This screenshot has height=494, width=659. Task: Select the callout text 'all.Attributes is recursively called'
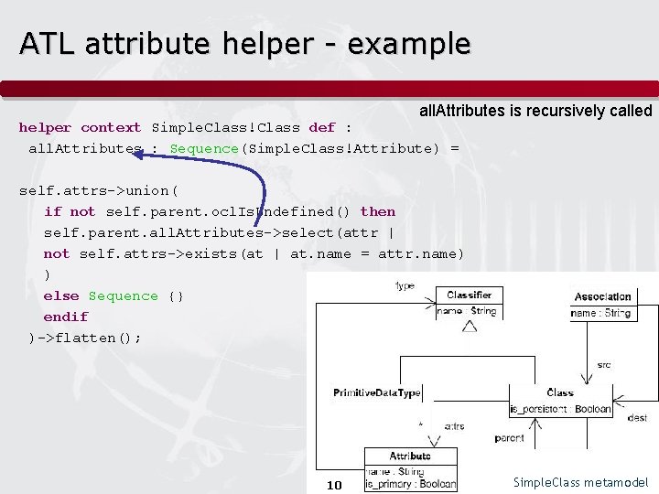coord(535,111)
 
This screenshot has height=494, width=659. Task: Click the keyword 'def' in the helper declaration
coord(322,127)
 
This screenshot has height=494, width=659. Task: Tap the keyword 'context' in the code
coord(111,127)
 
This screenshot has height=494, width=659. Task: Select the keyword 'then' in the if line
coord(378,211)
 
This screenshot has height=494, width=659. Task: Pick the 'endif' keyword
coord(66,317)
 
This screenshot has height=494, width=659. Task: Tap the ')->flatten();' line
coord(84,338)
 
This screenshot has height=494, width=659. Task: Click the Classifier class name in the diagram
coord(470,295)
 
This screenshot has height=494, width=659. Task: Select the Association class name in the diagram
coord(602,296)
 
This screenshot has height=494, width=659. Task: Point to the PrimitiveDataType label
coord(377,393)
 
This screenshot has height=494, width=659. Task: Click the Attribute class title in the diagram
coord(410,456)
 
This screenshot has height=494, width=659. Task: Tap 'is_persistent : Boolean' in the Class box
coord(560,409)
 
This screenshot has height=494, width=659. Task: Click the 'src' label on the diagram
coord(604,364)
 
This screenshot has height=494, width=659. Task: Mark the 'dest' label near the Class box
coord(637,417)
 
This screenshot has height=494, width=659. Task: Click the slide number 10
coord(334,484)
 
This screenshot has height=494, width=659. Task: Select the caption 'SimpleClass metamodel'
coord(580,482)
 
